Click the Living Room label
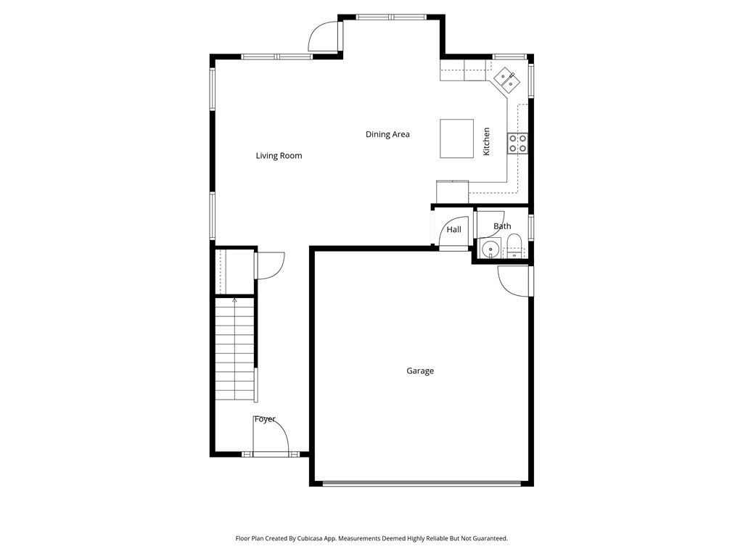(x=279, y=155)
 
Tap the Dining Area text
(x=387, y=134)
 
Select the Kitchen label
(x=486, y=141)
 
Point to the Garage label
(x=420, y=371)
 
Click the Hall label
(x=453, y=229)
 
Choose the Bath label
(x=502, y=226)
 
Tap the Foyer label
(x=264, y=419)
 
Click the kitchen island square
(x=457, y=139)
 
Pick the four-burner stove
(x=517, y=144)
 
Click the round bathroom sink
(x=490, y=248)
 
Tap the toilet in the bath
(x=514, y=247)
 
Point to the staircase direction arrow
(x=234, y=300)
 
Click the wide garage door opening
(x=422, y=484)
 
